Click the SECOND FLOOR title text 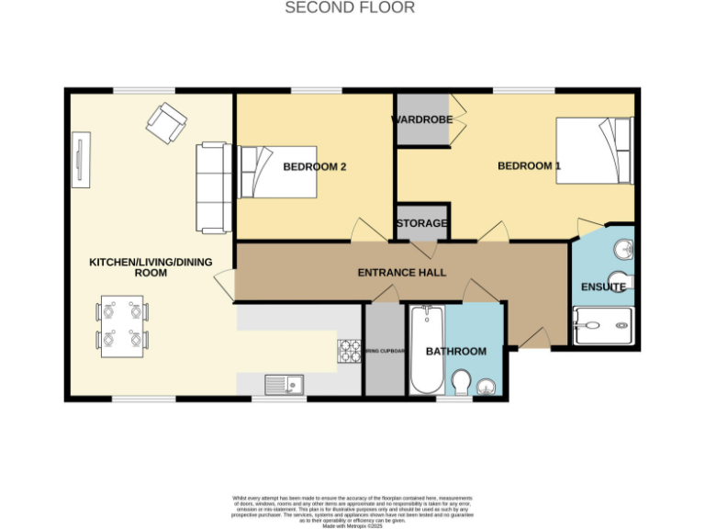tap(350, 8)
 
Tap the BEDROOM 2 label tap(314, 167)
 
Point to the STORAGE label tap(421, 223)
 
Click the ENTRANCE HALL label tap(401, 273)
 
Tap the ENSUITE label tap(602, 287)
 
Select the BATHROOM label tap(456, 352)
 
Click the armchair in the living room tap(166, 122)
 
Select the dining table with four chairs tap(122, 326)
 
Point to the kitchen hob tap(350, 351)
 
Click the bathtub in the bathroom tap(426, 350)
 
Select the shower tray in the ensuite tap(602, 324)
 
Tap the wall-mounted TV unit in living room tap(82, 160)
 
